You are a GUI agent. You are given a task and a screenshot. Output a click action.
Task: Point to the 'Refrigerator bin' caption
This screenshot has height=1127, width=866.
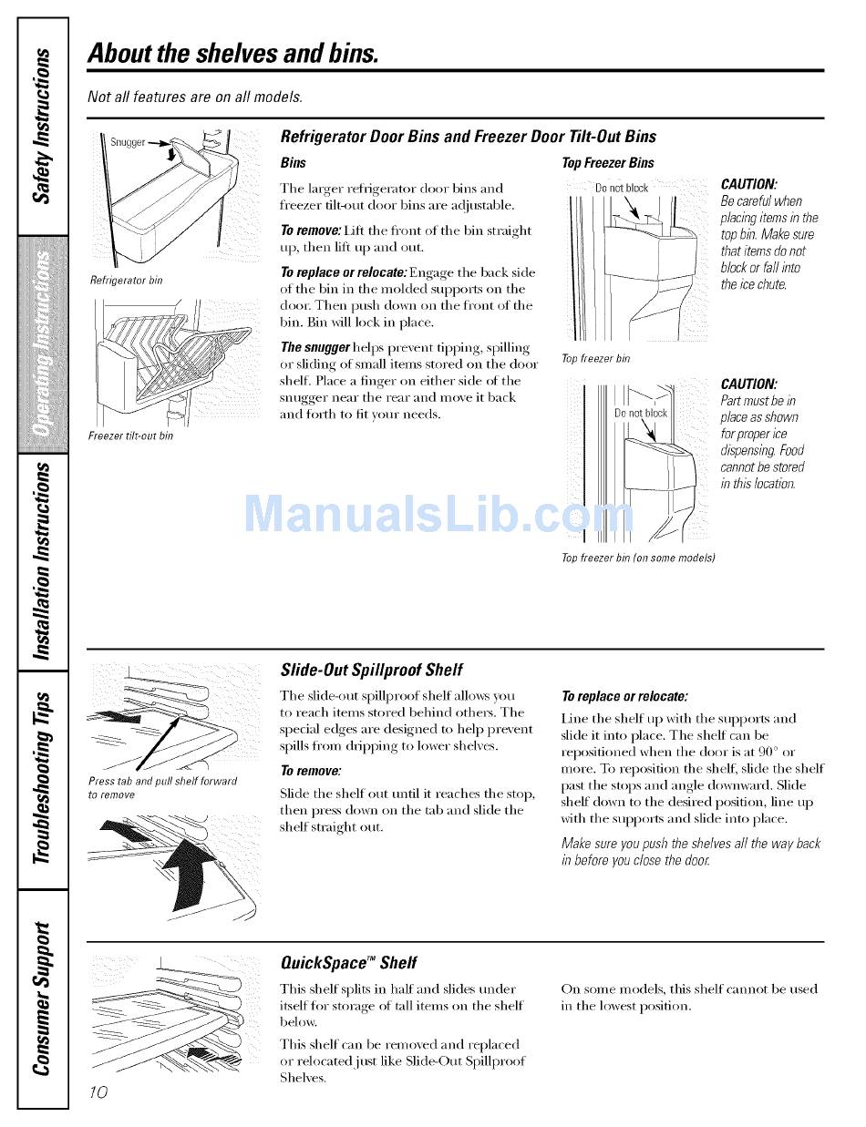tap(126, 280)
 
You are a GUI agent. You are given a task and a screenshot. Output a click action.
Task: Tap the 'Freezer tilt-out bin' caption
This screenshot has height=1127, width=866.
tap(130, 435)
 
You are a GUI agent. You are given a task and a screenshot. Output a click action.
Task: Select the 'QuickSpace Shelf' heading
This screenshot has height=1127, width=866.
tap(348, 962)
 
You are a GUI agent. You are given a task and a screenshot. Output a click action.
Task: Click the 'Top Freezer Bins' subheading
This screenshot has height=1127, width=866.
tap(608, 163)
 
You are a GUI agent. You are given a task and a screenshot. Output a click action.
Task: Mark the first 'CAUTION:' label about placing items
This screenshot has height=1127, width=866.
tap(748, 184)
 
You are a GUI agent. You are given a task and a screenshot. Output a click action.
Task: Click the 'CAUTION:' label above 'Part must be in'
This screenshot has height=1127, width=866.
tap(748, 384)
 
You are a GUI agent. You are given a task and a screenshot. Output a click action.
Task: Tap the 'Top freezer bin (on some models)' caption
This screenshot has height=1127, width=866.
tap(637, 557)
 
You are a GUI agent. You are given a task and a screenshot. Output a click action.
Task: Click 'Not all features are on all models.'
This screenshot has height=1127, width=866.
tap(195, 97)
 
